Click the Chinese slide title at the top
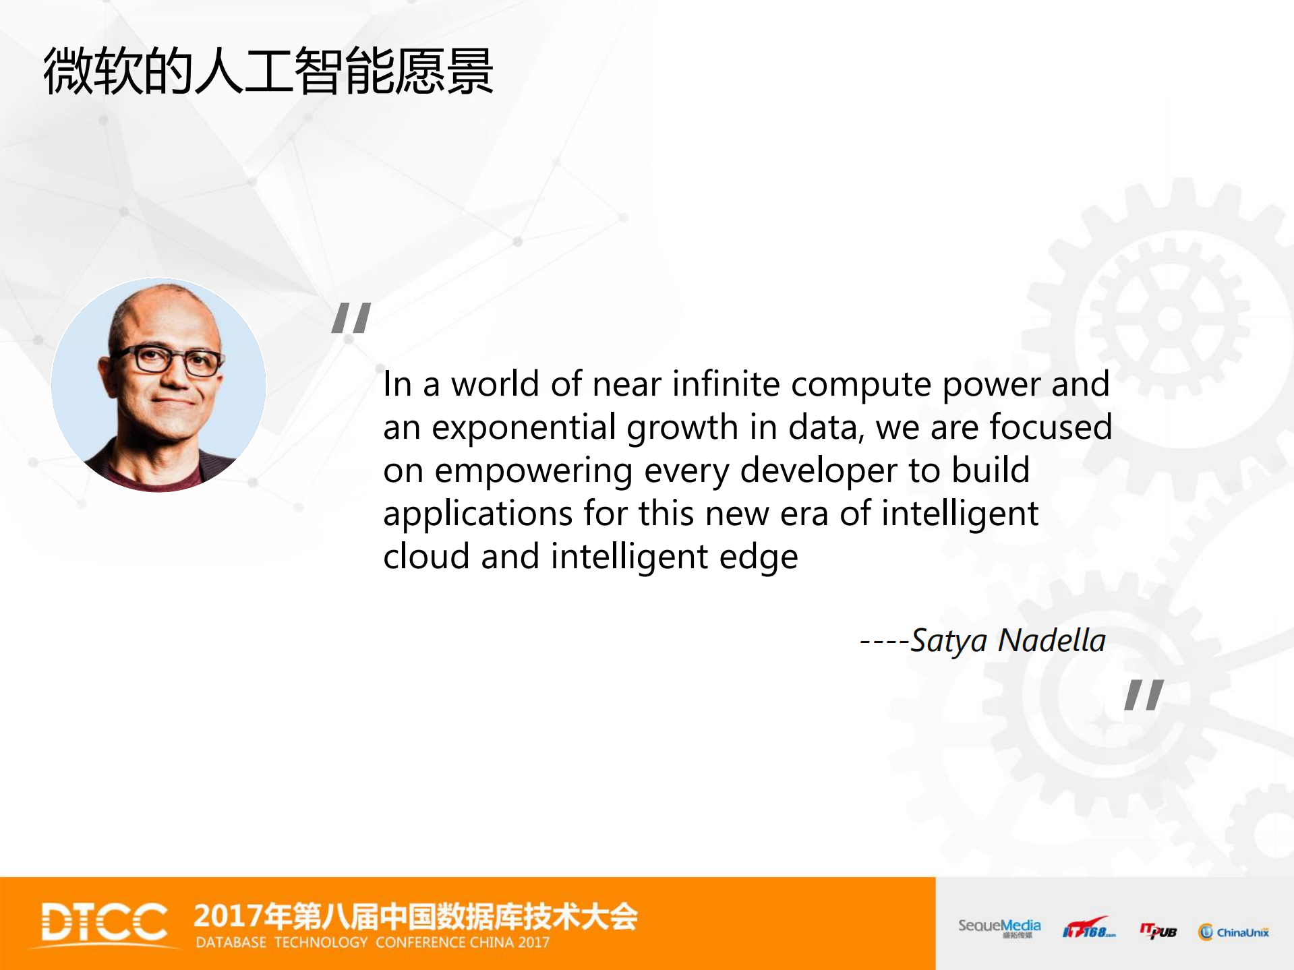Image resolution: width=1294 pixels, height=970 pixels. click(268, 71)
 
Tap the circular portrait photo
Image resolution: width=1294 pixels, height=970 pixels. click(158, 385)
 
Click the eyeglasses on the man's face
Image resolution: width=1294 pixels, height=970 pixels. click(169, 361)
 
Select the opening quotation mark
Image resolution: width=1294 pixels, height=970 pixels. click(351, 318)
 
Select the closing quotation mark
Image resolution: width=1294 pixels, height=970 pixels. click(1144, 694)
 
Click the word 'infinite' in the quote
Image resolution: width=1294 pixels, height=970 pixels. click(726, 384)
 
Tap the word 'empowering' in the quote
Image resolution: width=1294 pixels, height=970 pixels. click(533, 471)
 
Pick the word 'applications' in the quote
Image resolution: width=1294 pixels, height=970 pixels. click(478, 514)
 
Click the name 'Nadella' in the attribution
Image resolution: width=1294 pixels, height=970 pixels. click(1052, 640)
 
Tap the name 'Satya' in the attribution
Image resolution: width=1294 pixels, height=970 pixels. click(949, 642)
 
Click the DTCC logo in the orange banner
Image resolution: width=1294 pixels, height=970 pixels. click(105, 922)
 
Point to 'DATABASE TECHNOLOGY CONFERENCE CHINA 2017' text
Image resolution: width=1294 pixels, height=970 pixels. click(373, 942)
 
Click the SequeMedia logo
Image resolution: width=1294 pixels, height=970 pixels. click(999, 928)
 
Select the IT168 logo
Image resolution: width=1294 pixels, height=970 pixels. click(1088, 928)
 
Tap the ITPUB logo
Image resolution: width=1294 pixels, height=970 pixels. click(1158, 931)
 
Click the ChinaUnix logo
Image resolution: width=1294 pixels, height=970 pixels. click(1234, 932)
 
